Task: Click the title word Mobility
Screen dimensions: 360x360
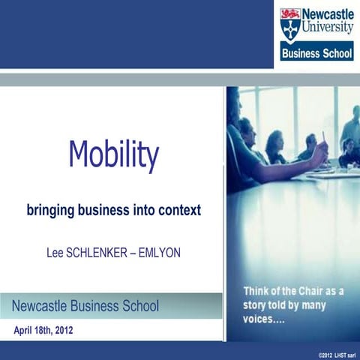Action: [114, 155]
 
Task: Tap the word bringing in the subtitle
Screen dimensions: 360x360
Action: [52, 211]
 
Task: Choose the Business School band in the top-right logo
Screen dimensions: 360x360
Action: [316, 54]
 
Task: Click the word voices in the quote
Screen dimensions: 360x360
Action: [259, 317]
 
